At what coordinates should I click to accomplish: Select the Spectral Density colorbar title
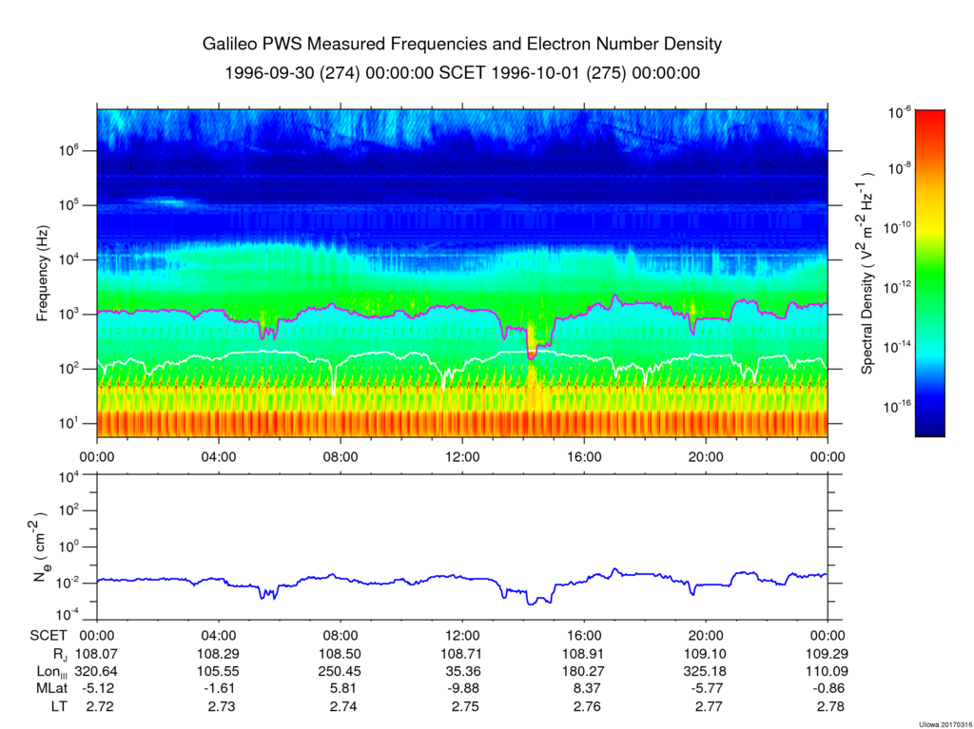(x=867, y=274)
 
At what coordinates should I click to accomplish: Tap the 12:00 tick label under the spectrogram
(x=462, y=455)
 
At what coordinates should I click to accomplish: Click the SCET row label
(x=49, y=635)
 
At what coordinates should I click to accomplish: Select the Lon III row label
(x=49, y=672)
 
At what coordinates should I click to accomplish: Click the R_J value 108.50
(x=341, y=654)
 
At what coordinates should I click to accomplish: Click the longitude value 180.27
(x=584, y=672)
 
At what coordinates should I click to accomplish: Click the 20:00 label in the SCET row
(x=706, y=635)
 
